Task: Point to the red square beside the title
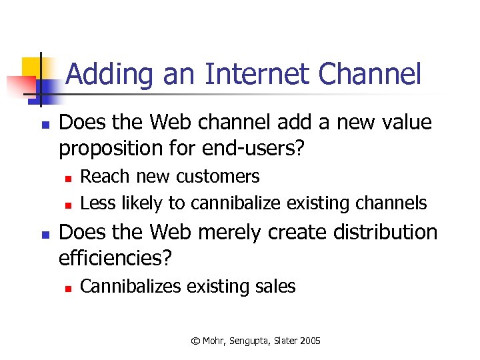tap(20, 85)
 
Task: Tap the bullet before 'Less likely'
tap(68, 203)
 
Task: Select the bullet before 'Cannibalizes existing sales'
tap(68, 288)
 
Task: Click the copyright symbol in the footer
tap(195, 341)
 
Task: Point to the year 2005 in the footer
tap(310, 341)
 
